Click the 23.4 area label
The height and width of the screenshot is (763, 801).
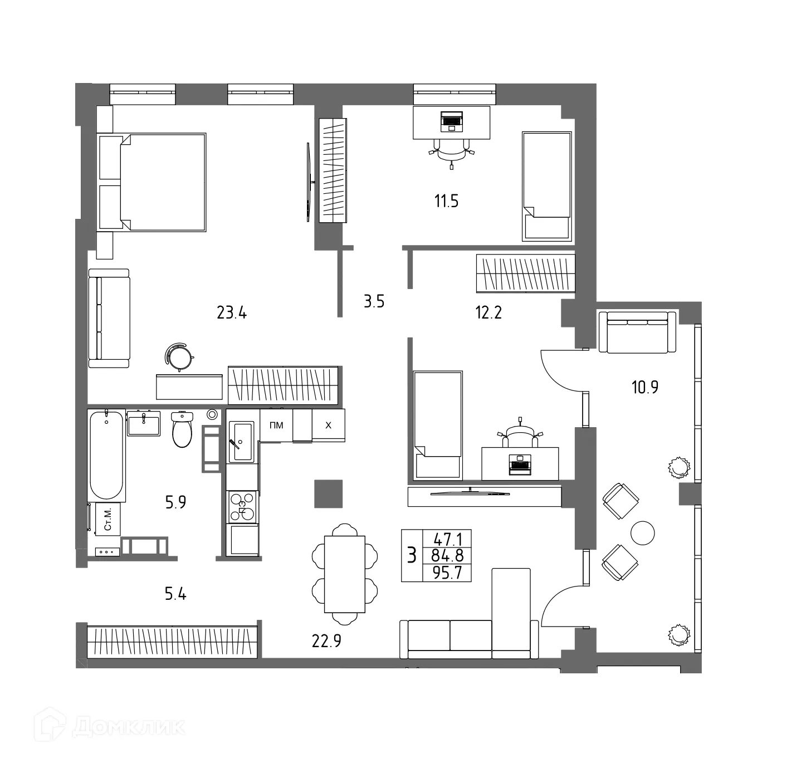tap(231, 313)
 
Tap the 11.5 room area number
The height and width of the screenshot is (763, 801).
tap(446, 201)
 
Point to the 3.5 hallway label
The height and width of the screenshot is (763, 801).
tap(374, 302)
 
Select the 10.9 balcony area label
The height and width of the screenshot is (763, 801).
tap(644, 387)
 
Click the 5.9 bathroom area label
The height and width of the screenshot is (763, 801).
tap(175, 503)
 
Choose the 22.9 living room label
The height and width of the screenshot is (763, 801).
tap(326, 642)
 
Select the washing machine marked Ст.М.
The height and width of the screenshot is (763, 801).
tap(108, 519)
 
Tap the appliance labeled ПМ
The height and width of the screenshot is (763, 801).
tap(276, 425)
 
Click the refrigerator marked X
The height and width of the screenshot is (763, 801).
tap(328, 425)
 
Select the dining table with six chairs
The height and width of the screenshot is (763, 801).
tap(345, 574)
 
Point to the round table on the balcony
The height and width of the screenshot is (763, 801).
tap(642, 533)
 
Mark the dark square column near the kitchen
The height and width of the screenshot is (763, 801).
tap(328, 493)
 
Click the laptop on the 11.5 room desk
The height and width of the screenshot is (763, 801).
tap(451, 120)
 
